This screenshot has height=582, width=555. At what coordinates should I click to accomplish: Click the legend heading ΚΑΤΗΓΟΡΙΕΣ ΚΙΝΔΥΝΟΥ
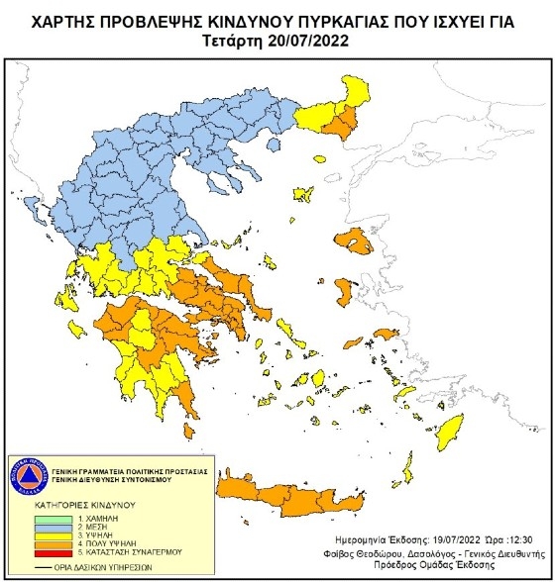pyautogui.click(x=70, y=506)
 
